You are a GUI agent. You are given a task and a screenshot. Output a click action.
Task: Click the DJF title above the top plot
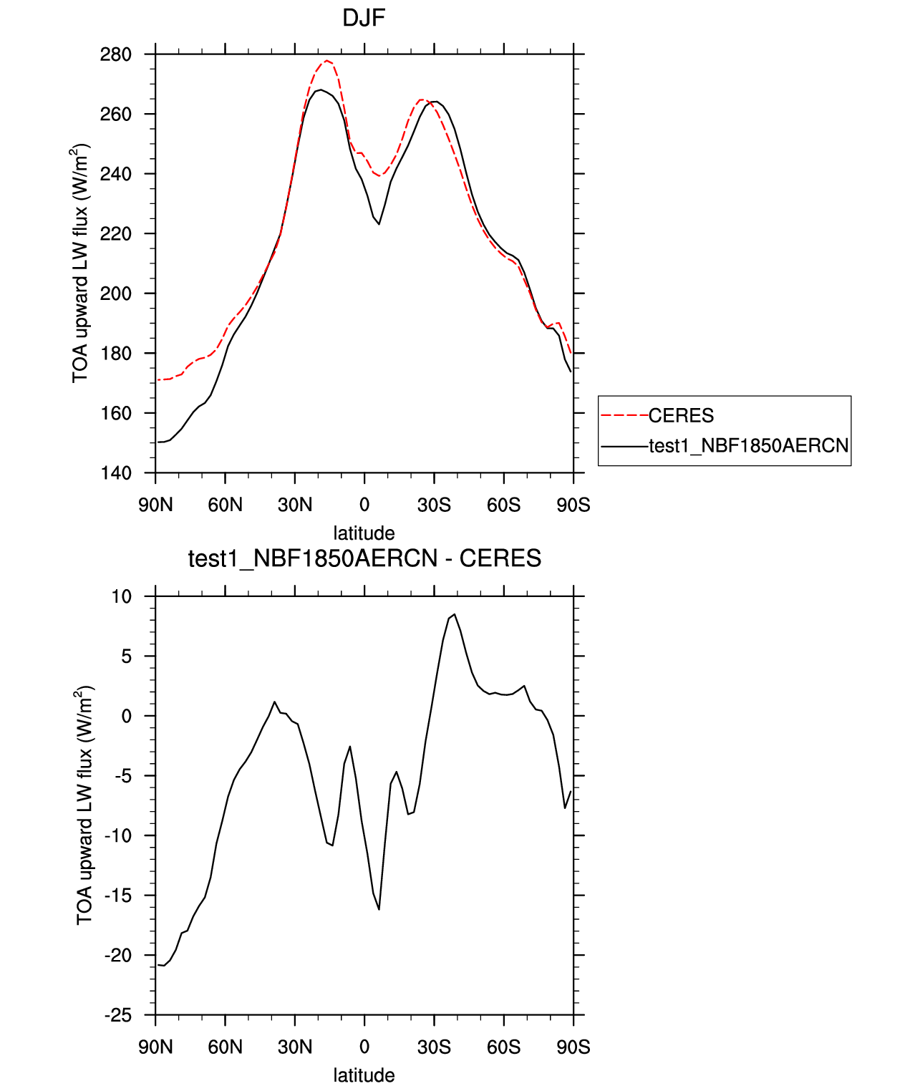[364, 18]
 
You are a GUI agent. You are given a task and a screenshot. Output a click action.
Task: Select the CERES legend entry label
[680, 416]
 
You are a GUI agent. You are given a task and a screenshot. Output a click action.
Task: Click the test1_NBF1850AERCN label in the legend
[748, 445]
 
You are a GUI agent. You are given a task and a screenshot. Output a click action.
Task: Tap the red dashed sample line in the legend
[624, 416]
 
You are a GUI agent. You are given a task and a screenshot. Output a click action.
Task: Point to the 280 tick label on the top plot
[115, 54]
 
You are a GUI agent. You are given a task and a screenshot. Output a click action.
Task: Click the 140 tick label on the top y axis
[115, 473]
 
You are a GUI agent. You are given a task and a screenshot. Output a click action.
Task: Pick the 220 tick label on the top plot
[115, 233]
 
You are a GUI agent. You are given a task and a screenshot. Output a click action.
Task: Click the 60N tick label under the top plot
[225, 505]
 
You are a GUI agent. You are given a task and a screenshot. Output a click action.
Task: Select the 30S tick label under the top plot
[434, 505]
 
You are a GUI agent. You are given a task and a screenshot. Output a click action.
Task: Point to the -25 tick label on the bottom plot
[118, 1015]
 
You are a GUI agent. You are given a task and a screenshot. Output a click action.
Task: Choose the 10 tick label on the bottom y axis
[122, 596]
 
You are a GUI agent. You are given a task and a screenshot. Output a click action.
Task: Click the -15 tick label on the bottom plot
[118, 896]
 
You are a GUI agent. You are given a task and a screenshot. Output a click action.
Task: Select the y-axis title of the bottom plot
[84, 805]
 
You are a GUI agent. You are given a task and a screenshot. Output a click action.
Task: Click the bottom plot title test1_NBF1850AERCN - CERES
[364, 558]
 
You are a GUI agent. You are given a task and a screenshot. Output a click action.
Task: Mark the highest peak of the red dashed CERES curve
[326, 60]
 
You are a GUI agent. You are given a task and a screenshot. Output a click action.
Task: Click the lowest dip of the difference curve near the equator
[379, 909]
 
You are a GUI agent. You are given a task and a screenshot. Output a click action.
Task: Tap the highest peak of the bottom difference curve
[455, 614]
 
